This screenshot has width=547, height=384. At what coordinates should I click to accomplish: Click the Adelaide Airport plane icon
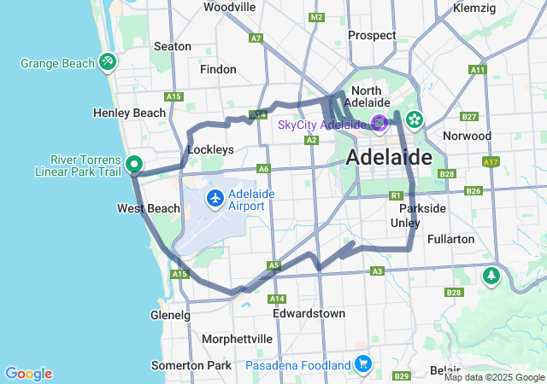coord(215,199)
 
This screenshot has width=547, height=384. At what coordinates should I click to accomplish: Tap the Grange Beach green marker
coord(108,61)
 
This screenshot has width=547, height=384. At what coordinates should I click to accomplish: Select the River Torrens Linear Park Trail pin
coord(134,164)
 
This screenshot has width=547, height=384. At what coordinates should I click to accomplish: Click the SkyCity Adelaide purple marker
coord(379,124)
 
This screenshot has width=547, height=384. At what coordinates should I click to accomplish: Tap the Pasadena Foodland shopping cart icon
coord(363,364)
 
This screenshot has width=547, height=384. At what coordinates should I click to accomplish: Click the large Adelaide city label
coord(388,158)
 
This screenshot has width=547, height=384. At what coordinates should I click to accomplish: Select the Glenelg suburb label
coord(169,315)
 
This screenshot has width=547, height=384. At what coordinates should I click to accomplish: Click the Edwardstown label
coord(309,313)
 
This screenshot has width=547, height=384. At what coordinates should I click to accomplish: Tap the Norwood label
coord(467,136)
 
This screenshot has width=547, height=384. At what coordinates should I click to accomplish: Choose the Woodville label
coord(230,7)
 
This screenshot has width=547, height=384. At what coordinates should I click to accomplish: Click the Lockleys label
coord(209,149)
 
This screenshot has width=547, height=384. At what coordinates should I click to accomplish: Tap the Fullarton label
coord(450,239)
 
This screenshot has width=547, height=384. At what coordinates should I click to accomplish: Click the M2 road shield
coord(317,17)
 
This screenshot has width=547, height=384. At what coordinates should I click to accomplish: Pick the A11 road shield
coord(477,69)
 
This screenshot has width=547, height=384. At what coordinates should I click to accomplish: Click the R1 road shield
coord(396,195)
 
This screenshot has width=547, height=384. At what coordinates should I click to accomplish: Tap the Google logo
coord(28,374)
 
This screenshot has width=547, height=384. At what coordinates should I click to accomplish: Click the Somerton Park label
coord(191,365)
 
